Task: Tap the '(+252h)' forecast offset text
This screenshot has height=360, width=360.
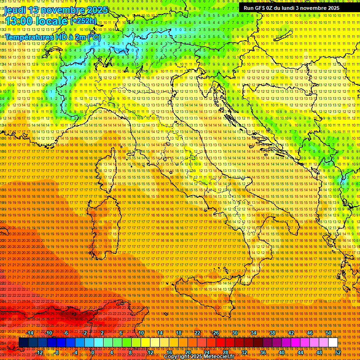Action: [84, 21]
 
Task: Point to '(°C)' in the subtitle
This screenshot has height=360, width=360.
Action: [93, 37]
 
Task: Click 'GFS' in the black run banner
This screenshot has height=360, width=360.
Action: [262, 8]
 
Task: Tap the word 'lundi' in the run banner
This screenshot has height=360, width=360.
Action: [292, 8]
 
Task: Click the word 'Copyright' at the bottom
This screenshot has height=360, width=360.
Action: [178, 357]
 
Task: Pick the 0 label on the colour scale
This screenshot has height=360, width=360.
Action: [92, 352]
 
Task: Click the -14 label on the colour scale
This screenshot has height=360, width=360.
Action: [30, 332]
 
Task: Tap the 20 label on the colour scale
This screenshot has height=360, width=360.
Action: [187, 352]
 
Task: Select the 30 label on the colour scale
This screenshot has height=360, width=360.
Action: [234, 332]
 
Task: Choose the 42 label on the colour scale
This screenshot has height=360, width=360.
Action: [291, 332]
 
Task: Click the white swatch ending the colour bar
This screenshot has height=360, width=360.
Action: [333, 343]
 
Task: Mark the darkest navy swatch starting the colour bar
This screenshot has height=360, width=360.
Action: [23, 343]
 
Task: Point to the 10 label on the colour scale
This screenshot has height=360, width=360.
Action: [141, 332]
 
